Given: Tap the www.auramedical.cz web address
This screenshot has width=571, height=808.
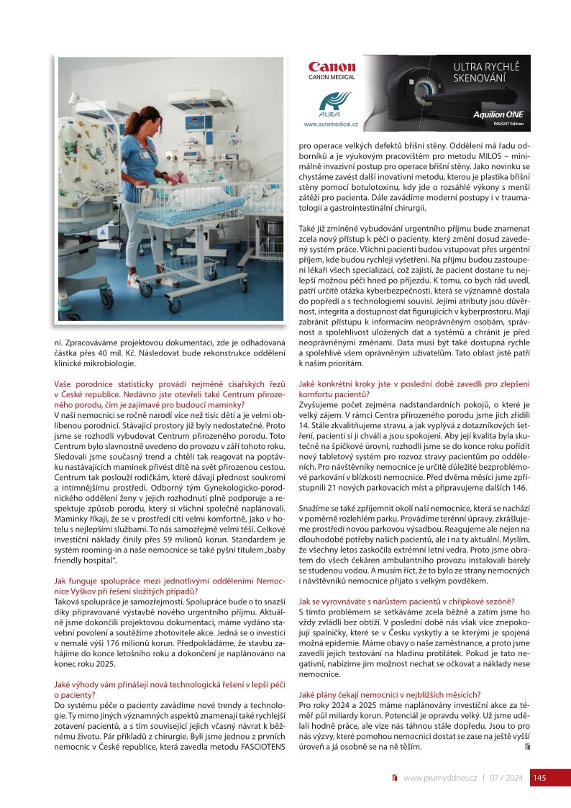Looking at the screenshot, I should coord(331,124).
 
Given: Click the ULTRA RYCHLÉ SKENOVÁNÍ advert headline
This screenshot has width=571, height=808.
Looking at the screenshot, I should coord(485,71).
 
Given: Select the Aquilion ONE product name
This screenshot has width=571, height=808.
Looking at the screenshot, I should coord(498,114).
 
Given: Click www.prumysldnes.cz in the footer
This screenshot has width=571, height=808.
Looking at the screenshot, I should coord(440,778).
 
